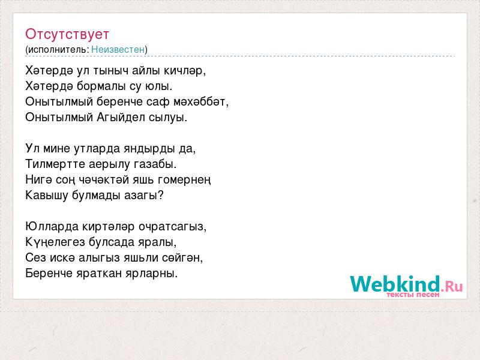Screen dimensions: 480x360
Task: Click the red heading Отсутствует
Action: [67, 34]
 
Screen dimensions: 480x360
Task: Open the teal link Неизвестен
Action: [118, 49]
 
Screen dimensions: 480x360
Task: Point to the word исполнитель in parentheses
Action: [58, 50]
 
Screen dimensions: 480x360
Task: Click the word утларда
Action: [97, 148]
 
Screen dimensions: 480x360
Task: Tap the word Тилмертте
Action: [55, 164]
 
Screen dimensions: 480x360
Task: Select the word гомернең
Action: [184, 180]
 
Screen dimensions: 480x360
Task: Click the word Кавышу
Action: [47, 196]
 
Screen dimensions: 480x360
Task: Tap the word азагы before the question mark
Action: [140, 196]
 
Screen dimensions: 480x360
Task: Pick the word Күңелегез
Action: [55, 242]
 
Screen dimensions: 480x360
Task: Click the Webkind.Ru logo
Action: [406, 284]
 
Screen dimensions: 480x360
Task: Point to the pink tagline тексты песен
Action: [413, 295]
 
